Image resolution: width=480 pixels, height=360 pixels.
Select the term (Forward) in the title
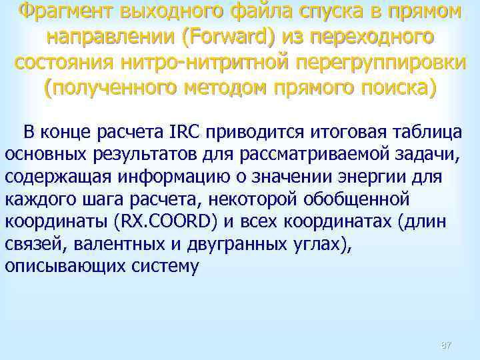tap(229, 38)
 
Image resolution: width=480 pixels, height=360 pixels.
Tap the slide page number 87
tap(446, 345)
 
